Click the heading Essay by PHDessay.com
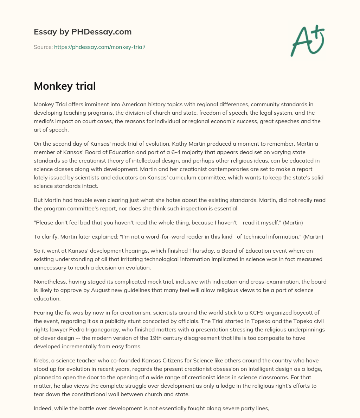tap(83, 32)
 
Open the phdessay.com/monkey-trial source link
tap(99, 47)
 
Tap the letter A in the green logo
tap(300, 42)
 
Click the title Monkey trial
tap(65, 86)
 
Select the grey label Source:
tap(43, 47)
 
